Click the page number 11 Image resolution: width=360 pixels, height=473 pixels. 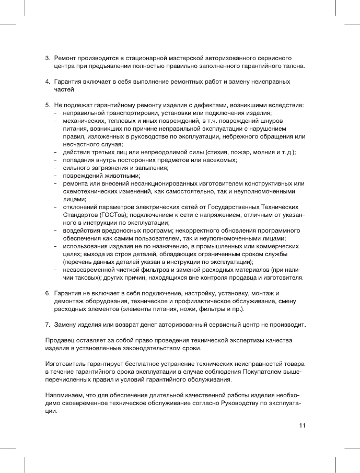pyautogui.click(x=302, y=425)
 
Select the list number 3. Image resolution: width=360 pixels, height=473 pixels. pyautogui.click(x=47, y=56)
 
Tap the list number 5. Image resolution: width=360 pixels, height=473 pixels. pyautogui.click(x=47, y=105)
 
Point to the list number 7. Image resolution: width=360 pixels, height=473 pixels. pyautogui.click(x=47, y=325)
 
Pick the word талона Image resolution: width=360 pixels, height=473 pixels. pyautogui.click(x=293, y=66)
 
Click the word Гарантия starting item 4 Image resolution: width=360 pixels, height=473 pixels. pyautogui.click(x=68, y=82)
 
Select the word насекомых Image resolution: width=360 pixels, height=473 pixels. pyautogui.click(x=219, y=160)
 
